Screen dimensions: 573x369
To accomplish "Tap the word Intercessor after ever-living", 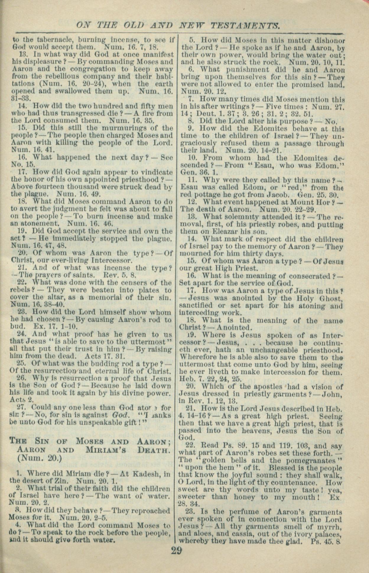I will coord(112,261).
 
